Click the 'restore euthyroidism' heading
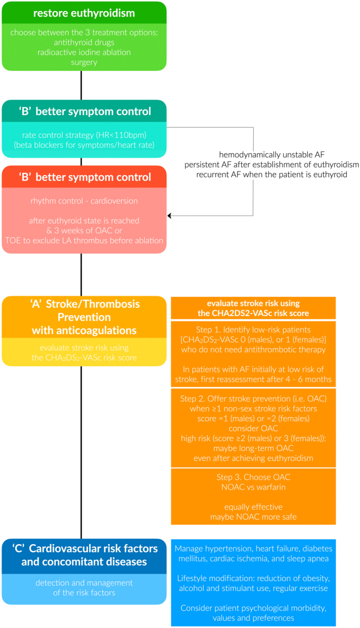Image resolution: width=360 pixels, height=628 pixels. (84, 13)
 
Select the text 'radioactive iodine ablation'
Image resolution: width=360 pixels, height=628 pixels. (84, 52)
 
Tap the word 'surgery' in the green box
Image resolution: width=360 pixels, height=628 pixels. (84, 63)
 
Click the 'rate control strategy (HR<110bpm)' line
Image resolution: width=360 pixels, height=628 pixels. (84, 135)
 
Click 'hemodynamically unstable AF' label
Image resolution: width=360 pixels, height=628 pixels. (272, 154)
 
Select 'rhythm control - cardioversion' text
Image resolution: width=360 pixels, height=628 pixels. (84, 200)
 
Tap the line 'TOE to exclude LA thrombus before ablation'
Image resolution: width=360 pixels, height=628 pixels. (84, 241)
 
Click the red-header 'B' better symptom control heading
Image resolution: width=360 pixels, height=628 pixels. (85, 177)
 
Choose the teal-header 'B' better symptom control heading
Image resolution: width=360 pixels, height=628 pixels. (85, 111)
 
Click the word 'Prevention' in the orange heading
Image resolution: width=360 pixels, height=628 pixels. (84, 317)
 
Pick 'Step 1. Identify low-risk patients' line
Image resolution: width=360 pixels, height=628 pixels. (253, 330)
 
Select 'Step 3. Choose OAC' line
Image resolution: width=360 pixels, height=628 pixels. (253, 477)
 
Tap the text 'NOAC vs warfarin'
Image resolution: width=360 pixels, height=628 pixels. (253, 487)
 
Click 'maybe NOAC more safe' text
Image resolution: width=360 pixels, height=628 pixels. (253, 517)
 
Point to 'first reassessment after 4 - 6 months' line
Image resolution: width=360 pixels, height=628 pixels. (253, 379)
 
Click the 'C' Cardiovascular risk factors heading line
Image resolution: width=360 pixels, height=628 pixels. (85, 548)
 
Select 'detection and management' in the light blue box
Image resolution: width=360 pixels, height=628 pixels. (84, 583)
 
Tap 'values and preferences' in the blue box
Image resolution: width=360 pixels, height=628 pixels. (253, 618)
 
